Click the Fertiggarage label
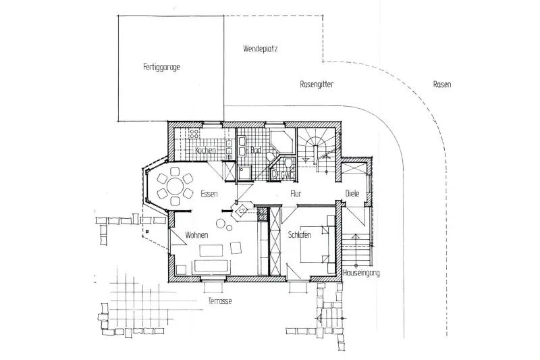161,67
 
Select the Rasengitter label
317,85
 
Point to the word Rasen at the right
442,84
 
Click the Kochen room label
205,151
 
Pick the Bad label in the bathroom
255,150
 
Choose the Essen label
209,194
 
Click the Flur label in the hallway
296,194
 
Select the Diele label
352,194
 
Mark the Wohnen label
196,234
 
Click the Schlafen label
299,234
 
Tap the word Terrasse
220,301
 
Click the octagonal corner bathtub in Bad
279,144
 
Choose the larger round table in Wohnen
221,223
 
